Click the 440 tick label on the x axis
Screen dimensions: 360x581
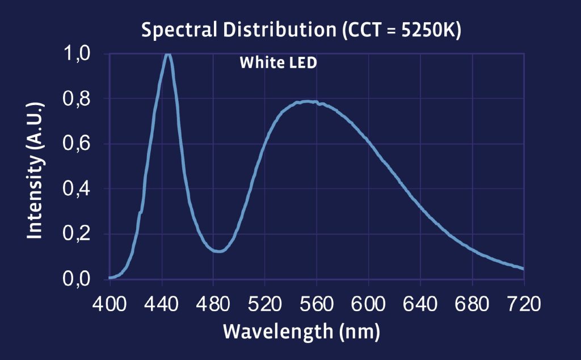point(162,304)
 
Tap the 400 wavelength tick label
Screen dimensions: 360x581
point(111,304)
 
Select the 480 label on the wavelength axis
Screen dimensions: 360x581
point(214,304)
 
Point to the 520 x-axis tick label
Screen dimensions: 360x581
point(266,304)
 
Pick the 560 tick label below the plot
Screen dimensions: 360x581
point(317,304)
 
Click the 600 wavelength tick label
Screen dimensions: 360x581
point(369,304)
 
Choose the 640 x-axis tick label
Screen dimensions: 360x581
point(420,304)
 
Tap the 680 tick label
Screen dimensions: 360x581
point(472,304)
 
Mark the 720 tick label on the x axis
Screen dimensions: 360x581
point(523,304)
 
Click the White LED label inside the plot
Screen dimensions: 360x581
point(278,62)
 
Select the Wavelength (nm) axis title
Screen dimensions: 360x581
point(301,331)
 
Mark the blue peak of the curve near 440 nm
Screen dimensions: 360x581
point(167,55)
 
